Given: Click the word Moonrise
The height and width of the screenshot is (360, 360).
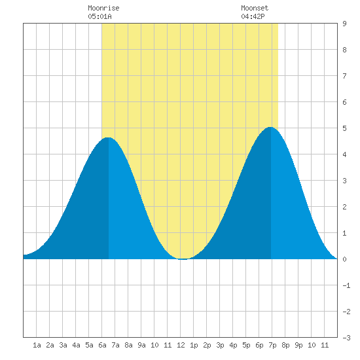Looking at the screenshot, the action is click(x=103, y=8).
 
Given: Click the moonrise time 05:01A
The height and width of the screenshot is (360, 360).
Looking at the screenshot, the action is click(x=99, y=16).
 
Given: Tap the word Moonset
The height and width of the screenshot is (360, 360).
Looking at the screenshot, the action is click(x=255, y=8).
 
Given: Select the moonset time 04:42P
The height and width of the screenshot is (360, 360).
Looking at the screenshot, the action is click(x=253, y=16).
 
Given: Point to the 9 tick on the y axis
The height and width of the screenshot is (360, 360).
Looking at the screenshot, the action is click(x=344, y=24).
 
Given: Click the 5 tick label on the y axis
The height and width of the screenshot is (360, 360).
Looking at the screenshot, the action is click(x=344, y=128).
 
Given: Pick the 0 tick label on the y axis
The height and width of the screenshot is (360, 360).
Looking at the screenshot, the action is click(x=344, y=259).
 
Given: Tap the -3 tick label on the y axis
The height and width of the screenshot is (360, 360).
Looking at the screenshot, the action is click(x=346, y=338).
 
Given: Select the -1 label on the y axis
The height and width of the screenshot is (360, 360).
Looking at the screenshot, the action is click(x=346, y=285).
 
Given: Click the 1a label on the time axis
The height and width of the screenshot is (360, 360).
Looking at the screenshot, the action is click(x=37, y=345).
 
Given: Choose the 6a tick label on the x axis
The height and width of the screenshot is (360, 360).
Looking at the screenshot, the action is click(x=102, y=345).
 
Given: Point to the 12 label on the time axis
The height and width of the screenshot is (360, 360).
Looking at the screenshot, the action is click(x=181, y=345).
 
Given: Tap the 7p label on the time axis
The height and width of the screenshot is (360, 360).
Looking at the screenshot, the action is click(x=272, y=345).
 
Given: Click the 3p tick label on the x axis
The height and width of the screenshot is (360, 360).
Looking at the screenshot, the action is click(x=220, y=345).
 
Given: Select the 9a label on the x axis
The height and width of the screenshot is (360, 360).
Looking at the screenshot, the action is click(x=141, y=345).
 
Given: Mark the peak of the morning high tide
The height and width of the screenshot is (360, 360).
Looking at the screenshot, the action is click(x=108, y=137).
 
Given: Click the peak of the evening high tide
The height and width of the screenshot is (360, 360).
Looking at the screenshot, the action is click(x=271, y=127).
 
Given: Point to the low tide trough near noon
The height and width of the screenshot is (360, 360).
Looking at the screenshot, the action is click(x=183, y=259).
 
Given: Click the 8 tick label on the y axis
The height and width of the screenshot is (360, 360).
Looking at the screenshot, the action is click(x=344, y=50).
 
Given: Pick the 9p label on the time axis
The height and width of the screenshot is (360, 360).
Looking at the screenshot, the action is click(x=298, y=345).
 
